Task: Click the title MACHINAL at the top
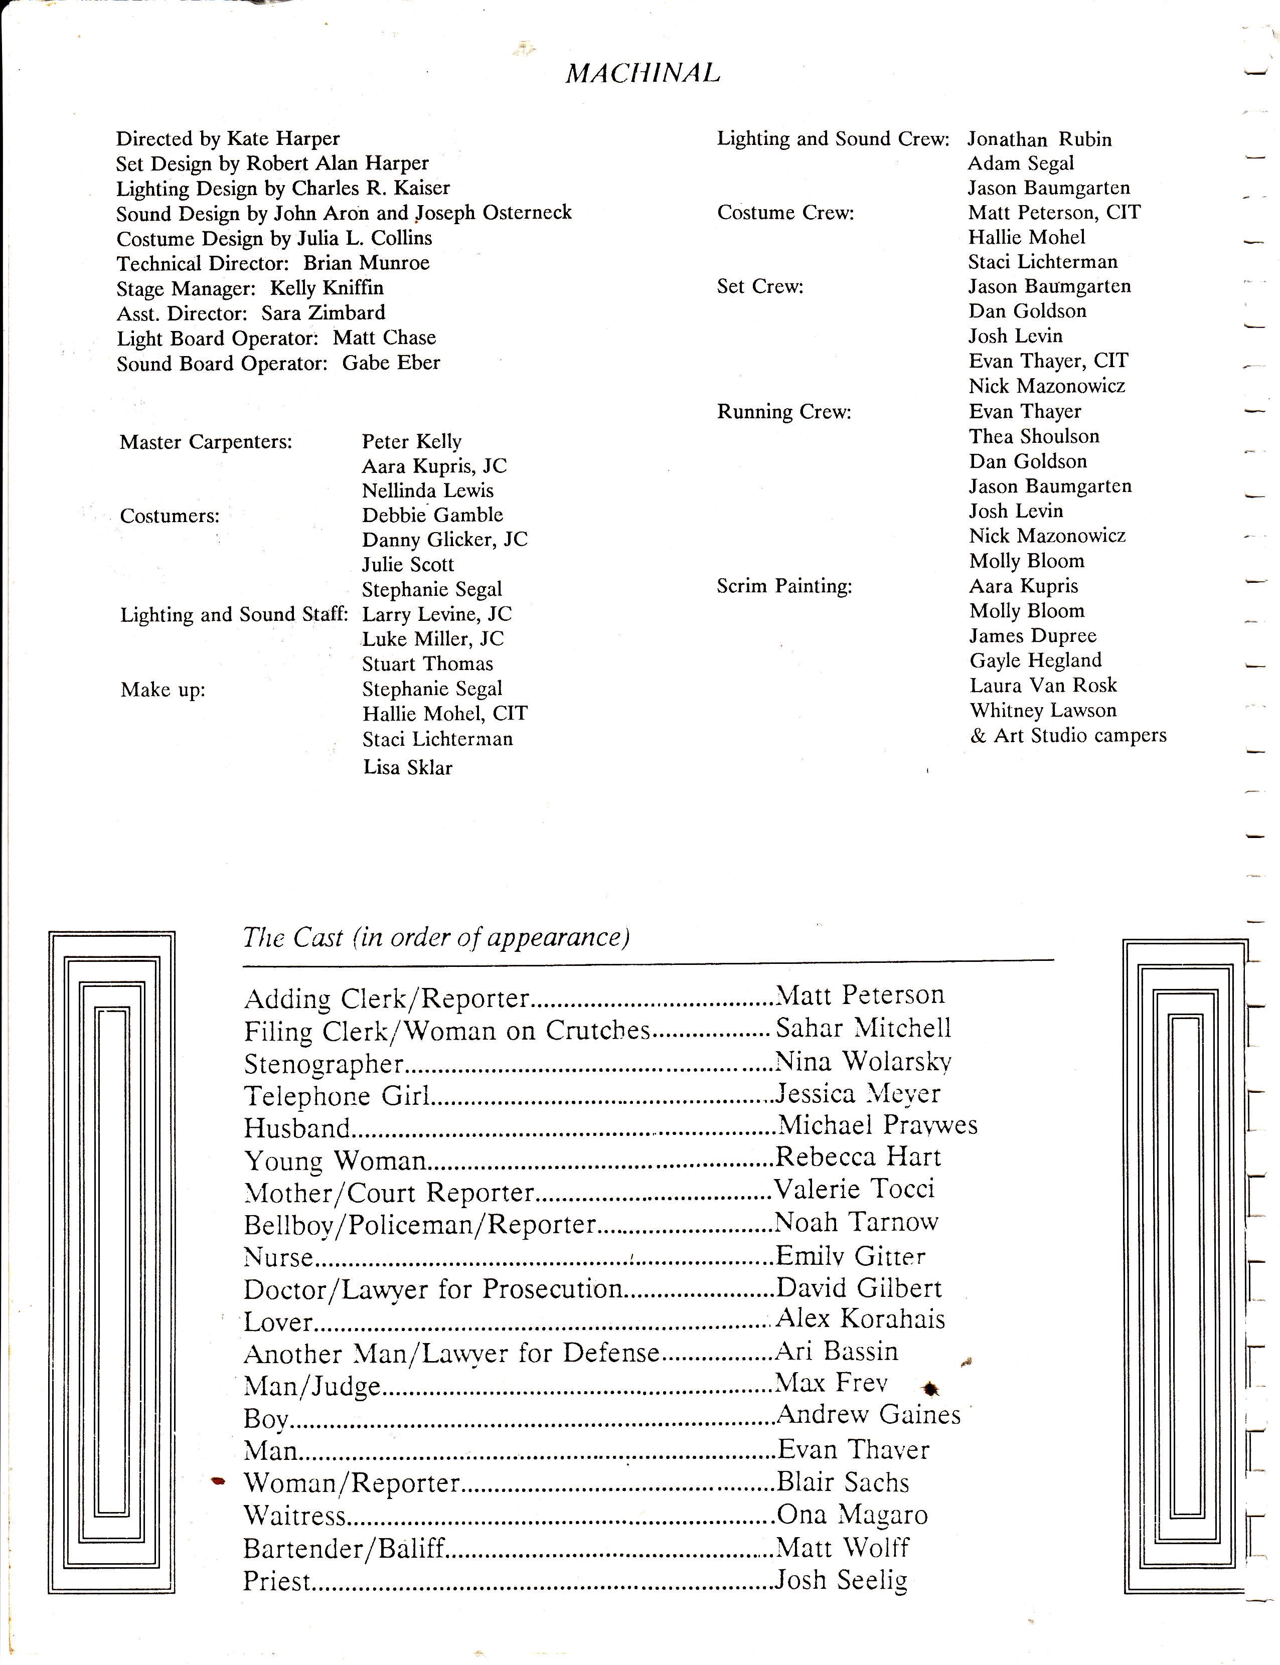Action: (643, 73)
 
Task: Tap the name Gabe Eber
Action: (391, 363)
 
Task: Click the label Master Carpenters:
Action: (206, 442)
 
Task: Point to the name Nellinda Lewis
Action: (427, 490)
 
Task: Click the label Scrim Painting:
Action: (784, 586)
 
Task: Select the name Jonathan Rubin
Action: (1039, 139)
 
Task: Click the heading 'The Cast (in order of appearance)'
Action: (436, 937)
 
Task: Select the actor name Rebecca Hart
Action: (858, 1157)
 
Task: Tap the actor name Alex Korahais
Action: (860, 1318)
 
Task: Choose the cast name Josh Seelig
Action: (841, 1580)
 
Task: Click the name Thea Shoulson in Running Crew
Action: (1034, 436)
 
